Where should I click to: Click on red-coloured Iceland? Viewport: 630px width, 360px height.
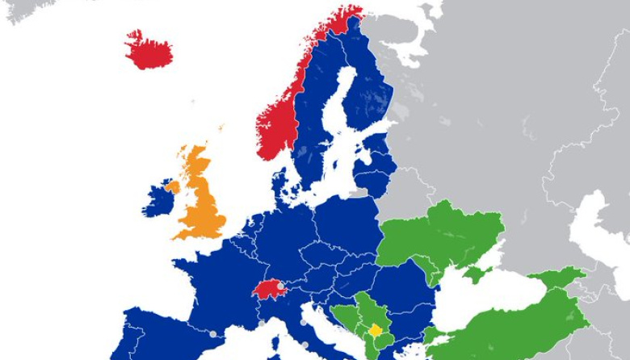click(x=149, y=49)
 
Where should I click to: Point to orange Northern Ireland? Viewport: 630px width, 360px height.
click(x=172, y=186)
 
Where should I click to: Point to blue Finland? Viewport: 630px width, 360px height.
click(x=367, y=89)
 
